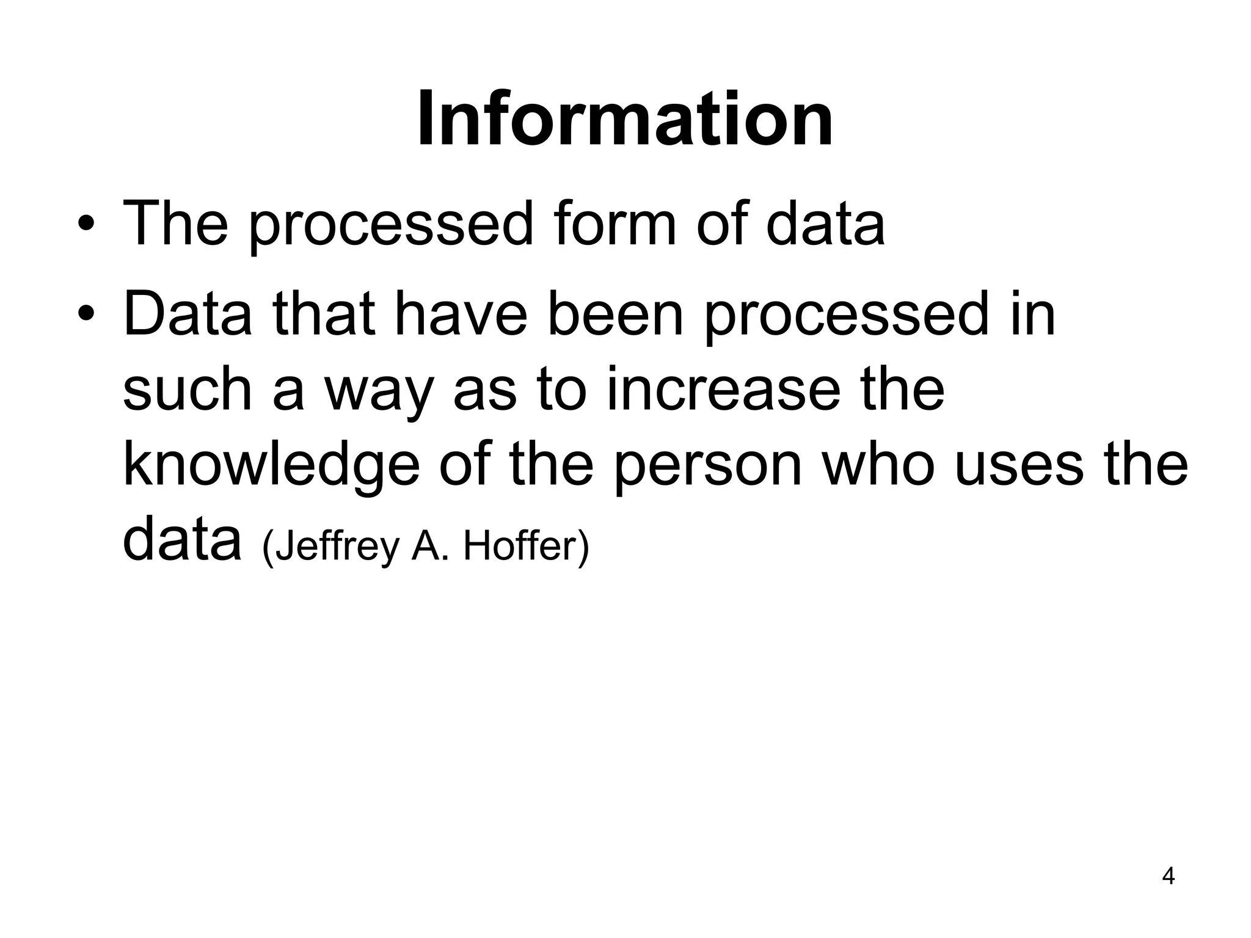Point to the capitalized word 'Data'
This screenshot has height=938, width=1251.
[x=188, y=314]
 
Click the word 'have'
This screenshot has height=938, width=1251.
[x=461, y=314]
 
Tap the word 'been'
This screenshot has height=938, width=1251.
[x=615, y=314]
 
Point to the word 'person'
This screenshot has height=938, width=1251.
[x=707, y=467]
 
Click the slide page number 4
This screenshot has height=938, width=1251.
[x=1168, y=876]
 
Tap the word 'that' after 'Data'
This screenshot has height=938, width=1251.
[x=324, y=314]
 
